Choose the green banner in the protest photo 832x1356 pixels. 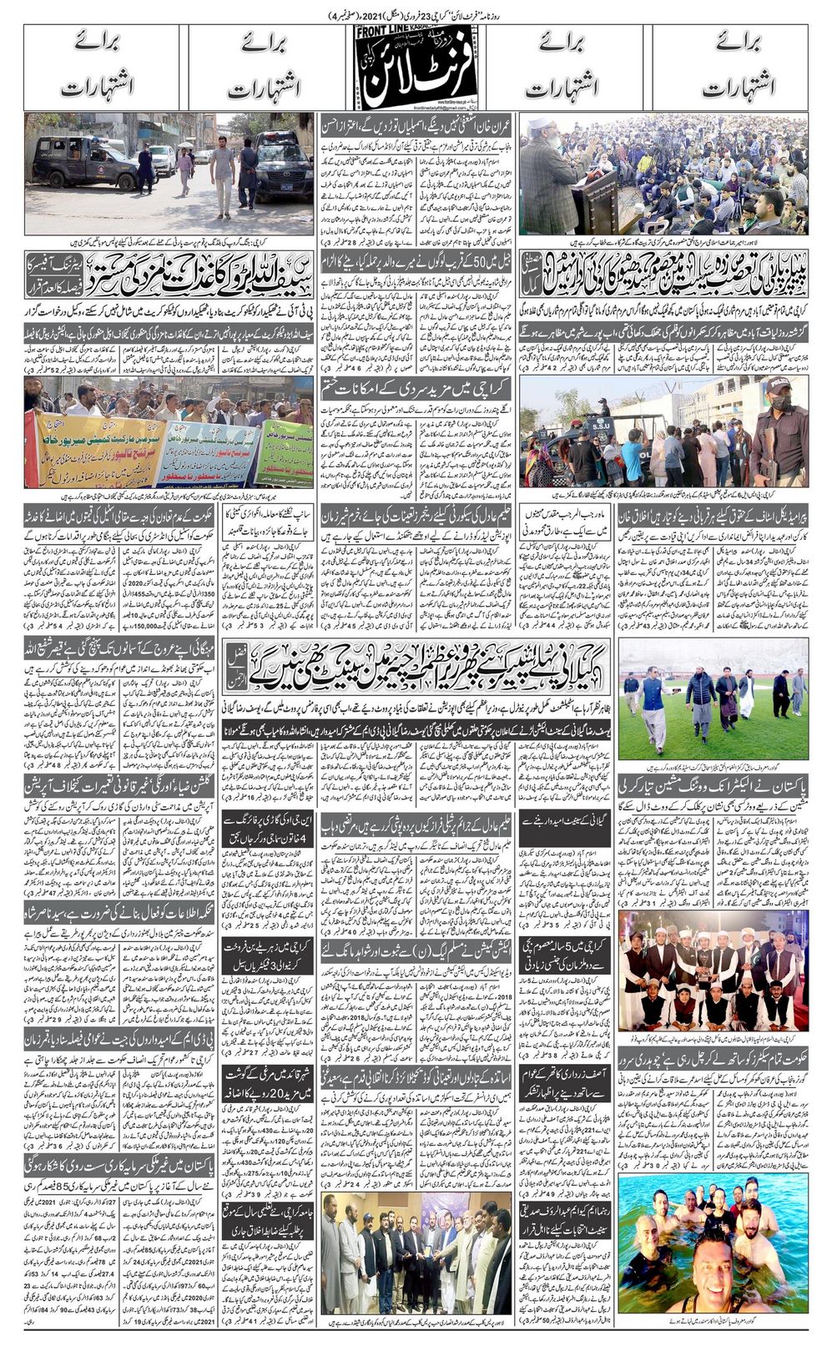[x=284, y=451]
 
